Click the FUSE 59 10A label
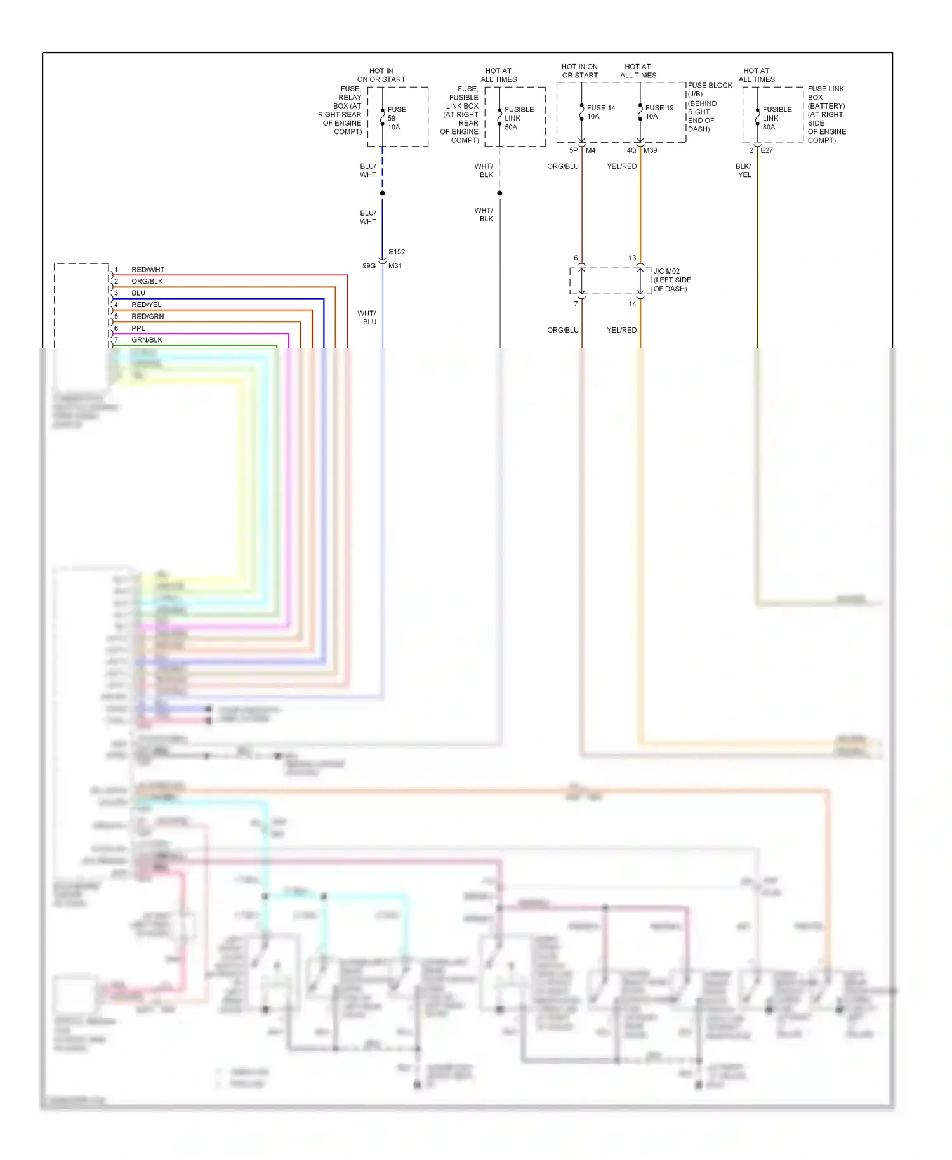pos(397,118)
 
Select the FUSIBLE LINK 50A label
pos(519,118)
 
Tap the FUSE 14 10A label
pos(600,112)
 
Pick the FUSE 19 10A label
pos(659,112)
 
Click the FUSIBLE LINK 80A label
pos(777,118)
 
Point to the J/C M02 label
pos(666,271)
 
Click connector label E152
pos(397,252)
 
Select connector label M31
pos(395,266)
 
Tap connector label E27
pos(767,150)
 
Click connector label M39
pos(650,150)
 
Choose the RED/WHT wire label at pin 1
pos(147,270)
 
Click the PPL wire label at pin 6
pos(138,328)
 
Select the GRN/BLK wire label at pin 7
pos(147,340)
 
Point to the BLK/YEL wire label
pos(743,170)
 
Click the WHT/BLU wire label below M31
pos(367,317)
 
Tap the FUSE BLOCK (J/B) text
pos(709,89)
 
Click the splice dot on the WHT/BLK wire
pos(499,193)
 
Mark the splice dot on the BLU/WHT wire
pos(382,193)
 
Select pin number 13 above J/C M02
pos(632,258)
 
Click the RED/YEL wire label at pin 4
pos(146,305)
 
